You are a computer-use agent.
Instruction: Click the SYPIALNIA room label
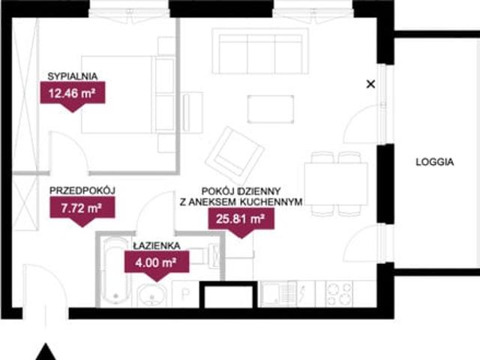pyautogui.click(x=73, y=76)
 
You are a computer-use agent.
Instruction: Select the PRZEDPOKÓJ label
pyautogui.click(x=82, y=190)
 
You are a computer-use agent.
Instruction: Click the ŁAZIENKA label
pyautogui.click(x=157, y=245)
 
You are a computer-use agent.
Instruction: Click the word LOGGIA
pyautogui.click(x=435, y=162)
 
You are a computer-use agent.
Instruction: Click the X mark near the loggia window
pyautogui.click(x=370, y=84)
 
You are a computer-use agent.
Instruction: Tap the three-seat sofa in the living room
pyautogui.click(x=260, y=51)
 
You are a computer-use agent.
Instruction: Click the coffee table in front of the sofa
pyautogui.click(x=271, y=109)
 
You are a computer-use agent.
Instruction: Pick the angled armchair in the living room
pyautogui.click(x=235, y=155)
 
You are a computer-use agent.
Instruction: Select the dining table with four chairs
pyautogui.click(x=336, y=184)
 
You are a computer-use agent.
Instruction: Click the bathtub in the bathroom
pyautogui.click(x=115, y=271)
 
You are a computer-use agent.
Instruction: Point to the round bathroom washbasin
pyautogui.click(x=151, y=295)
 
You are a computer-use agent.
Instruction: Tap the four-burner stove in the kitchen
pyautogui.click(x=339, y=294)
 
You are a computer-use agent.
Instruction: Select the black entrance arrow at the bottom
pyautogui.click(x=46, y=352)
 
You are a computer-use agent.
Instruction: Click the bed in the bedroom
pyautogui.click(x=117, y=94)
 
